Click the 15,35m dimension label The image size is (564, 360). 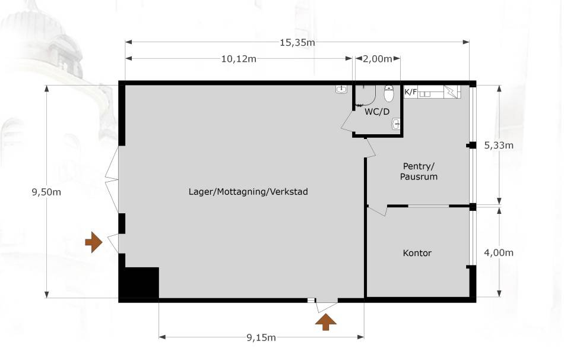point(297,42)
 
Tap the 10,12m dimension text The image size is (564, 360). point(239,59)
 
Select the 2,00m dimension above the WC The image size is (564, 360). point(378,59)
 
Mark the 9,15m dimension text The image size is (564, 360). point(261,337)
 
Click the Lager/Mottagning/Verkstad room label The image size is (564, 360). point(248,192)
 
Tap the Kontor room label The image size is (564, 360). point(417,253)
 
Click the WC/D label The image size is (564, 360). point(378,112)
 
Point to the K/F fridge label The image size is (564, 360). point(410,92)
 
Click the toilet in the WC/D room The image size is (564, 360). point(389,94)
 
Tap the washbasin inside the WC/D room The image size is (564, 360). point(396,125)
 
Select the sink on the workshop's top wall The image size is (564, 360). point(341,90)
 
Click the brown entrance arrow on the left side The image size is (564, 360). point(93,242)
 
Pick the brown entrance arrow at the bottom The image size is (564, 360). point(325,322)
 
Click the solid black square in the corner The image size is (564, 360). point(140,283)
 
